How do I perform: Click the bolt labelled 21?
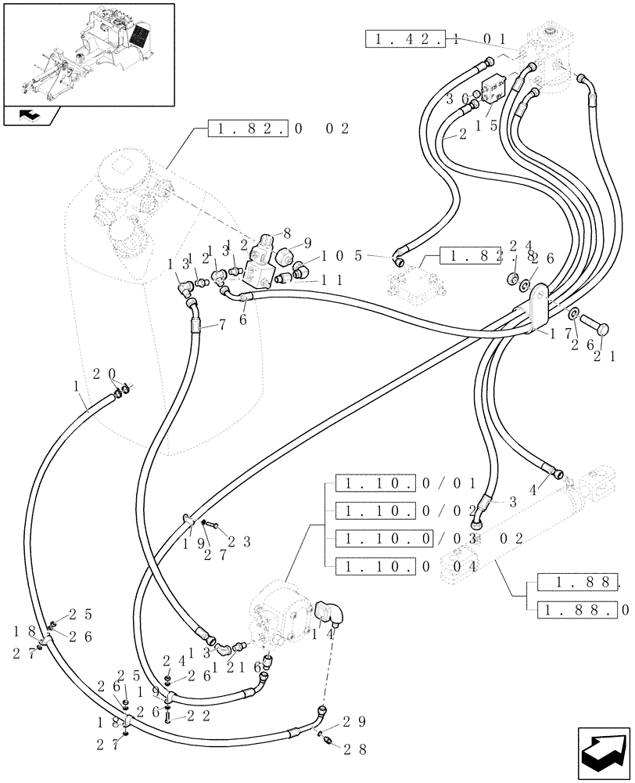click(x=594, y=318)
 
